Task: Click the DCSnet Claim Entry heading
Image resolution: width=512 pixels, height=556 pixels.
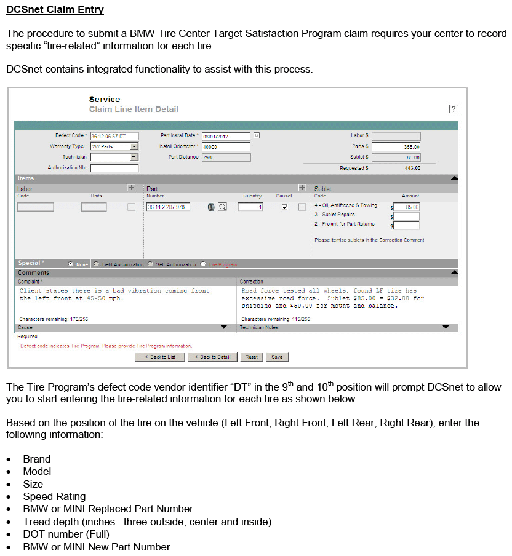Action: click(x=55, y=10)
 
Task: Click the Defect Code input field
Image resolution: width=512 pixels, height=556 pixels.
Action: click(x=114, y=136)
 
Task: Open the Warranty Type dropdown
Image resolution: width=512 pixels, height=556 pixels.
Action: click(x=134, y=146)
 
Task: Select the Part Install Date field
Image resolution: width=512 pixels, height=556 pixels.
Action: click(x=226, y=136)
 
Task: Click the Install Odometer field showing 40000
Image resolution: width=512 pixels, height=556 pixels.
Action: click(x=226, y=147)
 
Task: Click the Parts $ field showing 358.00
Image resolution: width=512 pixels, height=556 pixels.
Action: click(x=396, y=147)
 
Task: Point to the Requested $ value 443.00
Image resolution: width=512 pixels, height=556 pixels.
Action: click(x=412, y=168)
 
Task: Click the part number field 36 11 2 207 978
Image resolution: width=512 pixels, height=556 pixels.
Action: click(x=168, y=207)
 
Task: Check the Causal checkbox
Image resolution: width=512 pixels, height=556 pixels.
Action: click(x=284, y=207)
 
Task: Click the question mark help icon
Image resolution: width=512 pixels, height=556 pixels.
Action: click(x=454, y=109)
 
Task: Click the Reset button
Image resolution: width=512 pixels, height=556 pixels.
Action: click(x=251, y=357)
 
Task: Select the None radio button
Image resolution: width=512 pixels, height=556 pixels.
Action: click(x=71, y=264)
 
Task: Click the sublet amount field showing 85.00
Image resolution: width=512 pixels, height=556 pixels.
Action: click(x=406, y=207)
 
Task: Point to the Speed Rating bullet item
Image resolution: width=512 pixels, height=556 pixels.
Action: click(x=54, y=496)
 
